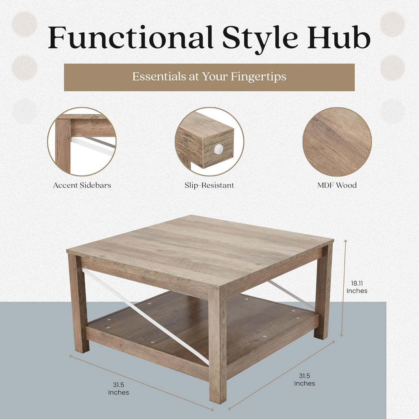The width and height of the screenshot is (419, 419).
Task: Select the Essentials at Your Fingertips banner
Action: (209, 77)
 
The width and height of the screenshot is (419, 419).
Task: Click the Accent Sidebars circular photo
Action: (82, 142)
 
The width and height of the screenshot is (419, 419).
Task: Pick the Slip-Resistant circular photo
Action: (209, 142)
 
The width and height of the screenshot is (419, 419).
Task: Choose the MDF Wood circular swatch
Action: (337, 142)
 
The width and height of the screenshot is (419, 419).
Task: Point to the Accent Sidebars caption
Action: (82, 185)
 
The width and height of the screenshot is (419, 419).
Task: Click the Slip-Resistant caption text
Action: (209, 185)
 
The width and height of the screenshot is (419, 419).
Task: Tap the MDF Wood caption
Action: (337, 185)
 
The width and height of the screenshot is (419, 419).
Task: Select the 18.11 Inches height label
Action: (357, 287)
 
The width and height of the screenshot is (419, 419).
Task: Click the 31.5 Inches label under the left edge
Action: (119, 389)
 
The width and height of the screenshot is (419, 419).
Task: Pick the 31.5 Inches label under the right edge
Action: (304, 380)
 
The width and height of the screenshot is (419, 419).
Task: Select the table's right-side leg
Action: (323, 291)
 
